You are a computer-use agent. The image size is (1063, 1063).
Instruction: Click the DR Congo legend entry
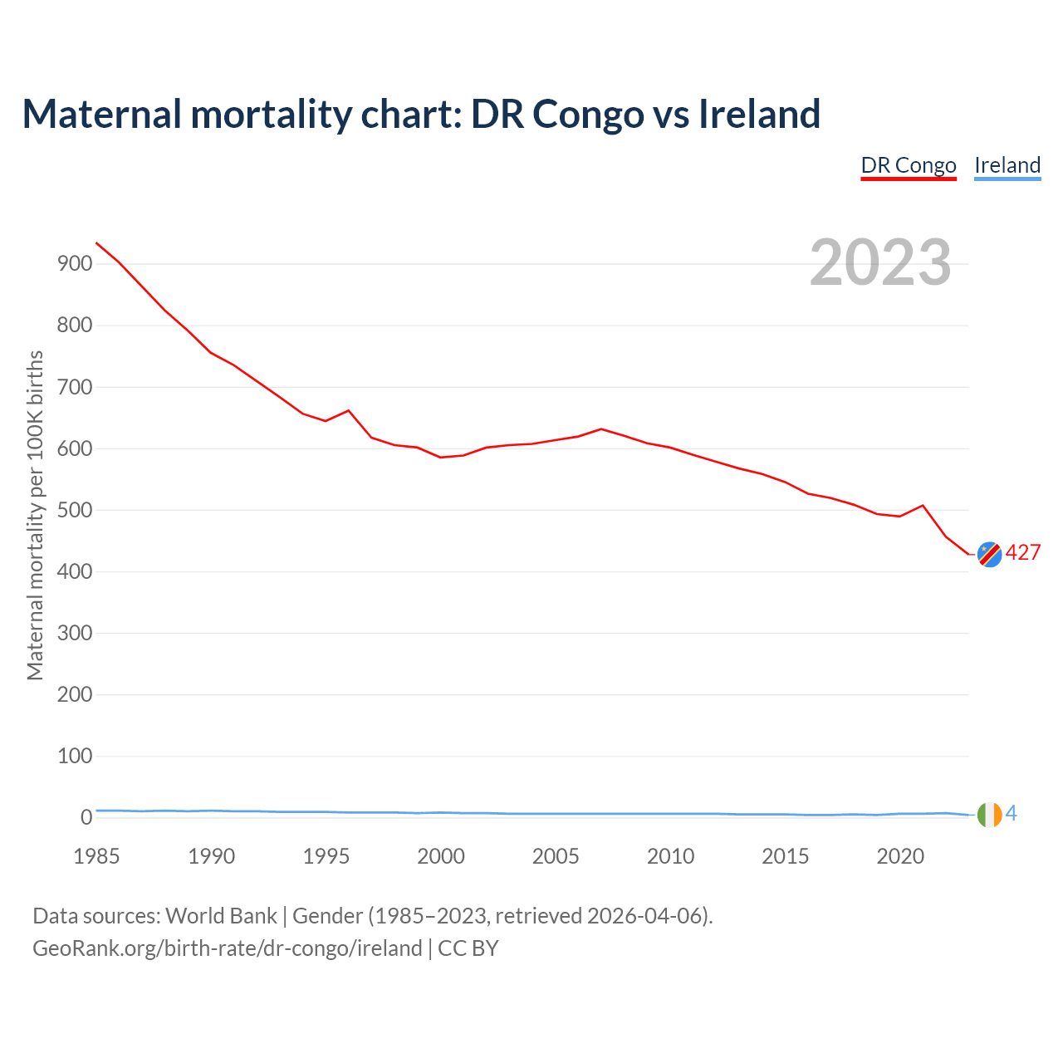pyautogui.click(x=909, y=165)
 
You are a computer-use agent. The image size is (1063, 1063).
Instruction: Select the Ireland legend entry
pyautogui.click(x=1007, y=165)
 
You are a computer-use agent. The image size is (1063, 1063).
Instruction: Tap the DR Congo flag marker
pyautogui.click(x=989, y=554)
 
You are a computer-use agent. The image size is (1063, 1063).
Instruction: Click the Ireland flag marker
pyautogui.click(x=989, y=815)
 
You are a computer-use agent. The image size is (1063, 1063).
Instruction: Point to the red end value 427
pyautogui.click(x=1023, y=553)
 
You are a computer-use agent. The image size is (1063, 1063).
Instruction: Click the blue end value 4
pyautogui.click(x=1012, y=814)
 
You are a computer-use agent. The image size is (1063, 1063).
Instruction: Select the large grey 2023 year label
pyautogui.click(x=880, y=262)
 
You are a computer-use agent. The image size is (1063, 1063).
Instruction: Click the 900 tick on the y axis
pyautogui.click(x=74, y=264)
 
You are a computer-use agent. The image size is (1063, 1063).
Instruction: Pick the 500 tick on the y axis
pyautogui.click(x=74, y=510)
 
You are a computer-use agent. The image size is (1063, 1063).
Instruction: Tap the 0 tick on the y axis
pyautogui.click(x=86, y=818)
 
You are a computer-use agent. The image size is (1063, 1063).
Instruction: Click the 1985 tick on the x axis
pyautogui.click(x=96, y=856)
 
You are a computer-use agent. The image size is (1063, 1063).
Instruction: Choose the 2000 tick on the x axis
pyautogui.click(x=441, y=856)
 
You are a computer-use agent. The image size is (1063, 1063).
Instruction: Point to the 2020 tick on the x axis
pyautogui.click(x=900, y=856)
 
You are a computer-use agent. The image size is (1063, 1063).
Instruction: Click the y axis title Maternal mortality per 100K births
pyautogui.click(x=35, y=515)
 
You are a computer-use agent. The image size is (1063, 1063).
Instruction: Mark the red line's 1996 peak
pyautogui.click(x=349, y=410)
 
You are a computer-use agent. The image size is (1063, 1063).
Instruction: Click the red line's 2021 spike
pyautogui.click(x=923, y=505)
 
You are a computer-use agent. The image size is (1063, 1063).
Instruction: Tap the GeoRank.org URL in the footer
pyautogui.click(x=227, y=948)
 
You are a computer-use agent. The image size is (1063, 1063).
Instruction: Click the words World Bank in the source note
pyautogui.click(x=221, y=916)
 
